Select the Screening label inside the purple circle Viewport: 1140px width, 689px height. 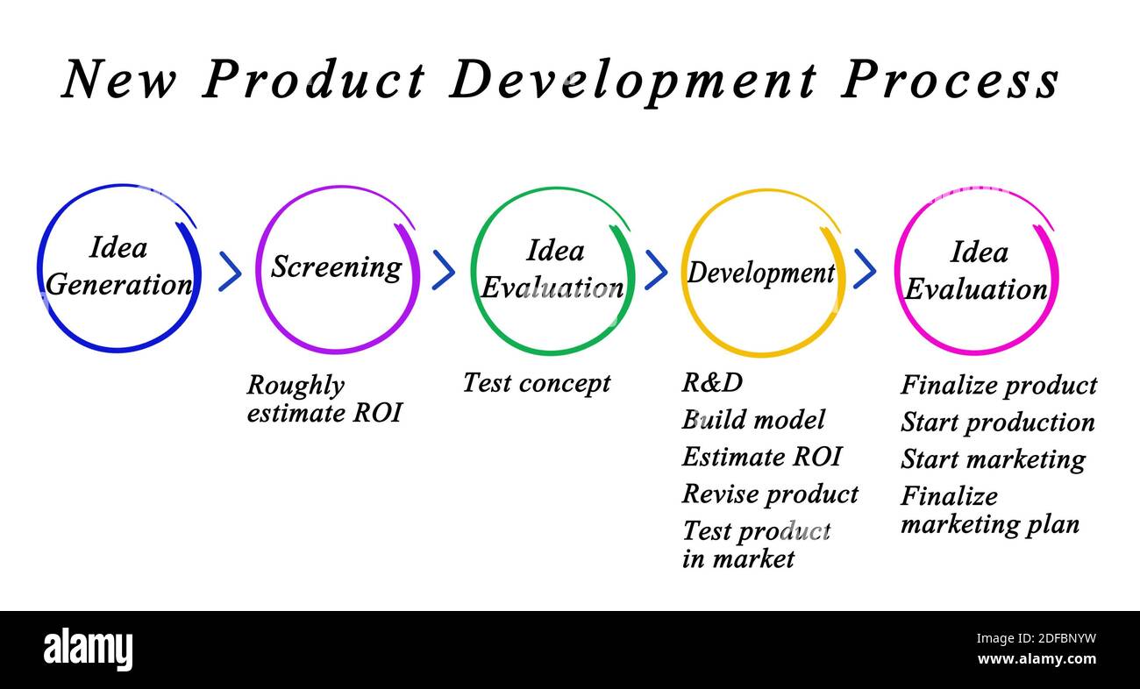(337, 266)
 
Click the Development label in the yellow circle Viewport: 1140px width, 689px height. (761, 273)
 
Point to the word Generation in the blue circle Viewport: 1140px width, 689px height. (119, 284)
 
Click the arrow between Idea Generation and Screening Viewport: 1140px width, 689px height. (230, 271)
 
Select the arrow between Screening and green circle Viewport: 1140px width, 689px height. (443, 270)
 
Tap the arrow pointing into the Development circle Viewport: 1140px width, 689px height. (656, 270)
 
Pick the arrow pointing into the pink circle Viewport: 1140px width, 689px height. (865, 269)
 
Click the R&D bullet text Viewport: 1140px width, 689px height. (712, 382)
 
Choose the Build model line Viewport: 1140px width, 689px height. (753, 420)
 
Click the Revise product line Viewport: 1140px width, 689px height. (770, 494)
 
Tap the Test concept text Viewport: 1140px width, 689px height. (537, 383)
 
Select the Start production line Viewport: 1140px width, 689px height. (998, 423)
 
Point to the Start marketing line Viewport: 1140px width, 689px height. (994, 460)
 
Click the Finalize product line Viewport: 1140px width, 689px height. (999, 385)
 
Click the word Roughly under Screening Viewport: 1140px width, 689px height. (296, 386)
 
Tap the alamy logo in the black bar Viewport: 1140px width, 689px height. (88, 649)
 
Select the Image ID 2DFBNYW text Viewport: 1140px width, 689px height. (1037, 638)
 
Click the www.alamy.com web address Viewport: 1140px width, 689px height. (1037, 659)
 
